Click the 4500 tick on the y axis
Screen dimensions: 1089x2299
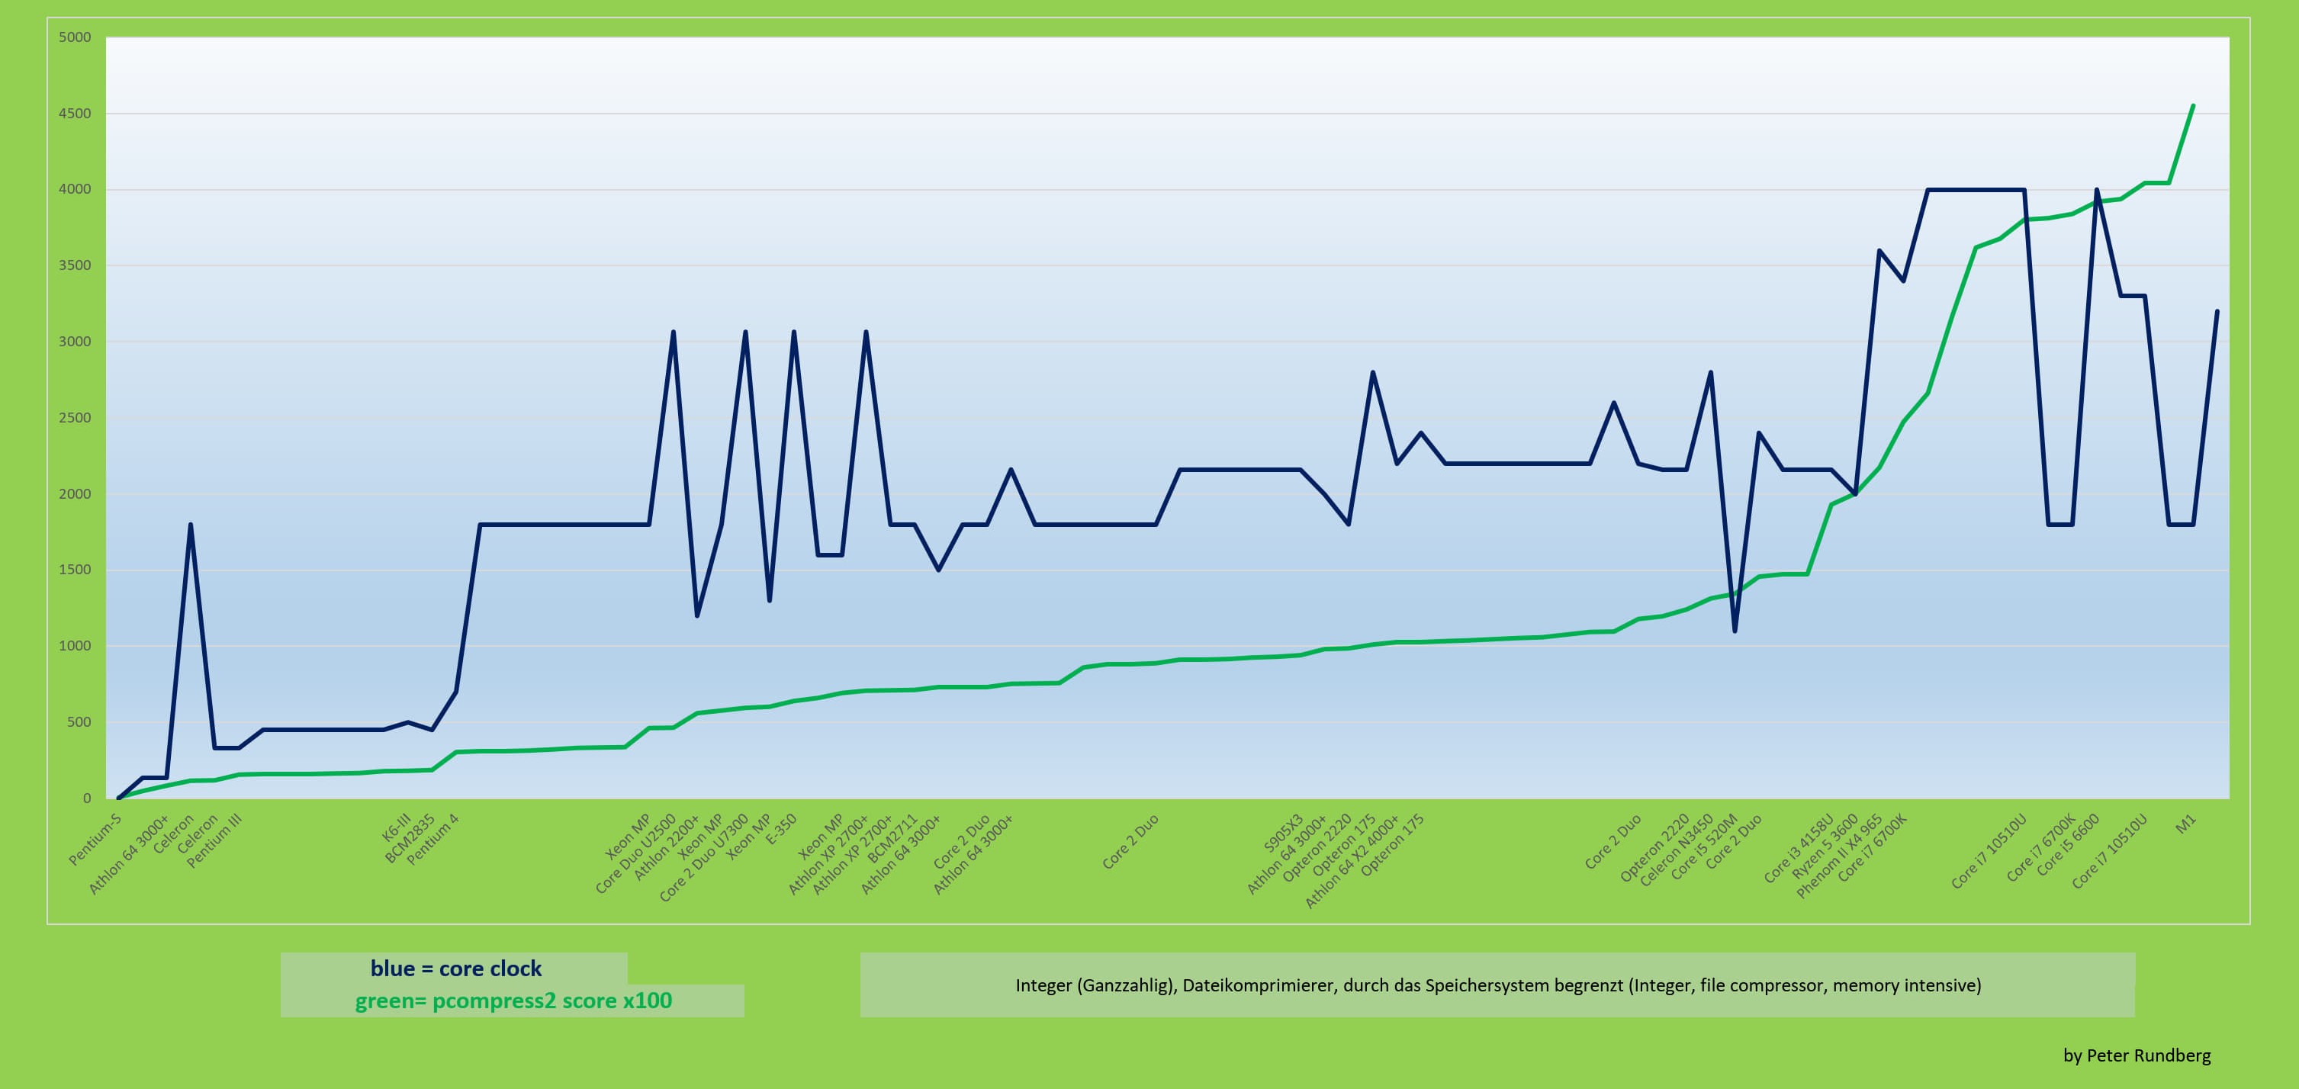pos(75,114)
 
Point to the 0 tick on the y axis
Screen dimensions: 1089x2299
pos(86,798)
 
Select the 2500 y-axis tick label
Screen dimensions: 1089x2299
pos(75,418)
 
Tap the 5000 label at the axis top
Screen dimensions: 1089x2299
pos(75,37)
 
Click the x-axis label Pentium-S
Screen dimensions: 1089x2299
pos(95,840)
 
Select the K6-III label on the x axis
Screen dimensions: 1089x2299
pos(396,827)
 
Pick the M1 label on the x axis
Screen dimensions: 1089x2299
pos(2185,825)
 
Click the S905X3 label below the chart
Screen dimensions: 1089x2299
pos(1284,833)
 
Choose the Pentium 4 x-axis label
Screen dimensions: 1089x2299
pos(432,839)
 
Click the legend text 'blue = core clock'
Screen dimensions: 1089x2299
pos(455,969)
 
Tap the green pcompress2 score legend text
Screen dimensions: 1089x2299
pos(513,1001)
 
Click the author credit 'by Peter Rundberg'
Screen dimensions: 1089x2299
pos(2137,1055)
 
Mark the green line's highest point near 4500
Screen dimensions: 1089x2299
pos(2193,106)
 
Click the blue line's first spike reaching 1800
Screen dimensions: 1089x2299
pos(190,525)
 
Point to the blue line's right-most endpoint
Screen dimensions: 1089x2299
pos(2217,312)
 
